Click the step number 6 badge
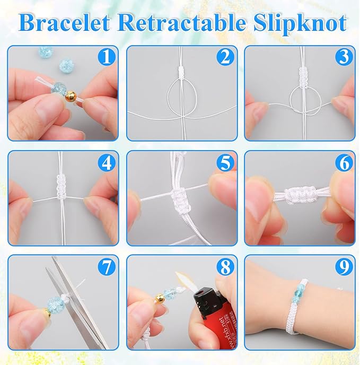(x=344, y=163)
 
